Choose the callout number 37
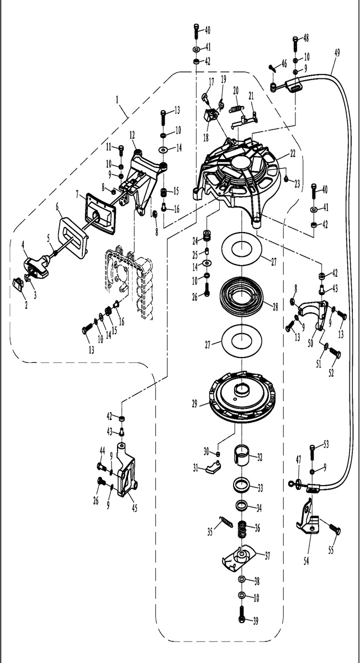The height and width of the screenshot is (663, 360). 267,555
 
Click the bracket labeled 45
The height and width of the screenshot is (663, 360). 125,470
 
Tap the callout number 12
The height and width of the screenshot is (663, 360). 133,134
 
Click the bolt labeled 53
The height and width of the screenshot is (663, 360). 313,451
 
